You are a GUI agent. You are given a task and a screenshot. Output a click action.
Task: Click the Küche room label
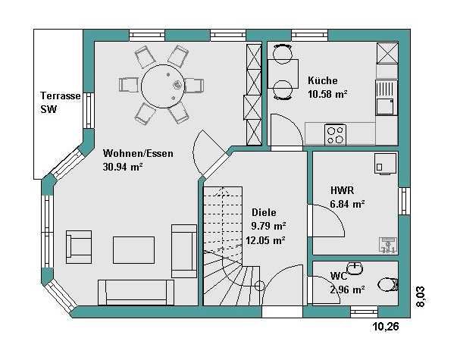[322, 80]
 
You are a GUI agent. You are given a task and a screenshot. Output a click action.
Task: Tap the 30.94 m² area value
[123, 167]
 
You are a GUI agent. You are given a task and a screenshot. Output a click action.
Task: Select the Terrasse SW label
[60, 102]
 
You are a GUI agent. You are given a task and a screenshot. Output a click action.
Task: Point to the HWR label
[342, 190]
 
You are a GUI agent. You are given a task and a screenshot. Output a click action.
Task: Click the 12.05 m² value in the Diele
[265, 240]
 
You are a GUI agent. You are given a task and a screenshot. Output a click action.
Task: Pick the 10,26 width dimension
[386, 327]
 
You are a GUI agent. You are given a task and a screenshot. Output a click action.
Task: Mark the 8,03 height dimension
[421, 297]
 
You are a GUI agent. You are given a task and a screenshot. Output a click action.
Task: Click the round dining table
[163, 86]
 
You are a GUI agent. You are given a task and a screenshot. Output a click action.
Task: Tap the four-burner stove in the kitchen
[335, 135]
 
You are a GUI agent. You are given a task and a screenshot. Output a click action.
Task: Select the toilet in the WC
[388, 284]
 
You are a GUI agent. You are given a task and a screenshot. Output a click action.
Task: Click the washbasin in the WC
[355, 268]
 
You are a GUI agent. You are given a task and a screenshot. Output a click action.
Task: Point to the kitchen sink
[387, 98]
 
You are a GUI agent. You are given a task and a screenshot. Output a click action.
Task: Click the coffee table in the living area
[134, 250]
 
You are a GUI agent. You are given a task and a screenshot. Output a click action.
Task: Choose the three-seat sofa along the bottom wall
[136, 293]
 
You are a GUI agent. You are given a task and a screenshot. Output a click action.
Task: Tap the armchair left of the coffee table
[79, 247]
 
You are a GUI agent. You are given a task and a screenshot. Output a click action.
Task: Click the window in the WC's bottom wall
[364, 311]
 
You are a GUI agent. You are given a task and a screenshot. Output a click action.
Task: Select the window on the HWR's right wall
[404, 201]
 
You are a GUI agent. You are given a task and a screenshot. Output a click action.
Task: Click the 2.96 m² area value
[347, 290]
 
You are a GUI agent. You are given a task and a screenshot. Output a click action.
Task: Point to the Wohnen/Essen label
[138, 153]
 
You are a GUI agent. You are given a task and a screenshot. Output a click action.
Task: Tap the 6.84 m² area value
[347, 204]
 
